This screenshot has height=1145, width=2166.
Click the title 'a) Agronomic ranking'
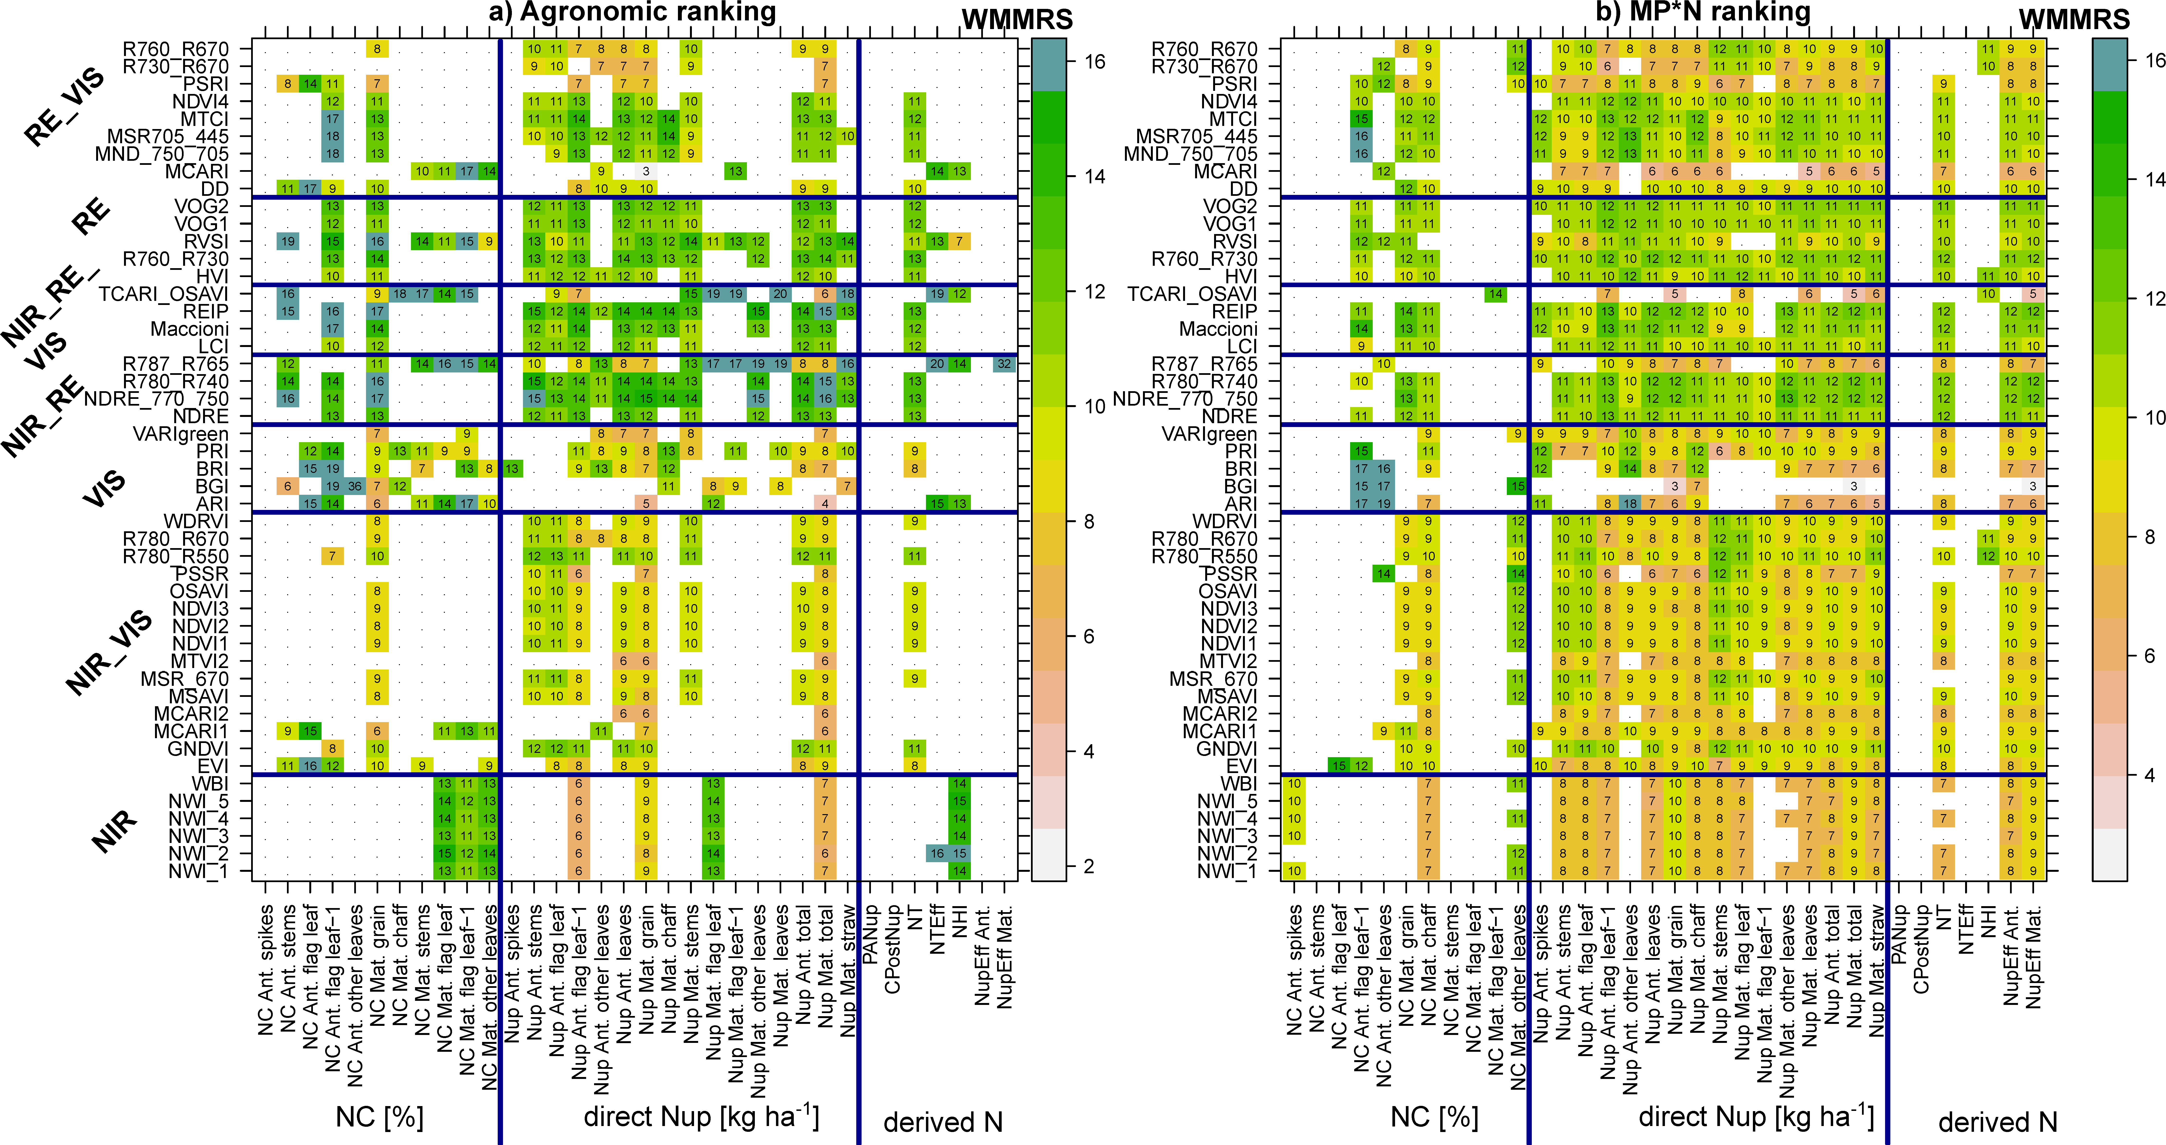tap(632, 12)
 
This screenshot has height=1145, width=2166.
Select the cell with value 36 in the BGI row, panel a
tap(355, 486)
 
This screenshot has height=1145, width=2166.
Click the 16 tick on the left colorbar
tap(1095, 61)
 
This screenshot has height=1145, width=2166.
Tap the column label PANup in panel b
tap(1899, 929)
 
